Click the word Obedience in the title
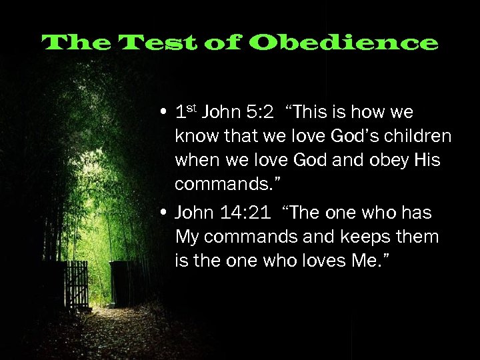tap(345, 43)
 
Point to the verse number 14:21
tap(245, 213)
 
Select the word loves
tap(328, 261)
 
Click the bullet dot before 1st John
tap(163, 113)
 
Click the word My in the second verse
tap(187, 237)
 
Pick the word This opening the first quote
tap(314, 112)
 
